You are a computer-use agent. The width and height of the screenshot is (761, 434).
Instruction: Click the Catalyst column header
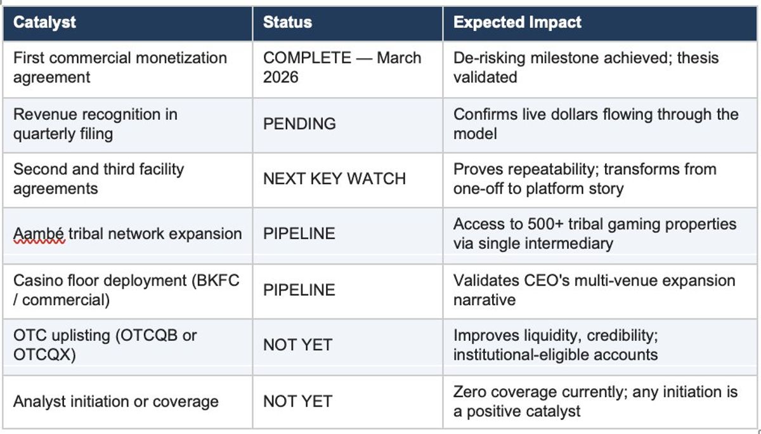point(44,23)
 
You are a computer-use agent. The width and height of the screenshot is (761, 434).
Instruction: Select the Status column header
point(287,23)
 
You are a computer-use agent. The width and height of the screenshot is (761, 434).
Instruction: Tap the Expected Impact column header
point(517,23)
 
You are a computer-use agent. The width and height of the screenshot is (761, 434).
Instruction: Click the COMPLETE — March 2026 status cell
point(342,67)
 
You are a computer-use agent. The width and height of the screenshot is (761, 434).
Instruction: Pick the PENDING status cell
point(299,124)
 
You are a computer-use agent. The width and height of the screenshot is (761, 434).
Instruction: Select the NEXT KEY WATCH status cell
point(334,179)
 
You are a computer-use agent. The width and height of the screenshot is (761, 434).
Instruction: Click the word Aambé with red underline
point(39,233)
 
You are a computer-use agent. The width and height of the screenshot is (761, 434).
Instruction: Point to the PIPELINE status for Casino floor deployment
point(299,290)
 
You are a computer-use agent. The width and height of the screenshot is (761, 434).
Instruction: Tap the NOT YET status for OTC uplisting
point(297,345)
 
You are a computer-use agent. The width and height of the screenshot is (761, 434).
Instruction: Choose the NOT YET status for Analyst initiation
point(297,401)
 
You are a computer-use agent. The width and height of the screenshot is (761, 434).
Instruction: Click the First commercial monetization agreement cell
point(120,67)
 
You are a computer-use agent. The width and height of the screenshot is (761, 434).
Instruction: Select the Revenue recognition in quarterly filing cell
point(95,124)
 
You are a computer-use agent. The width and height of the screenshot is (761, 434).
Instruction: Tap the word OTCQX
point(42,355)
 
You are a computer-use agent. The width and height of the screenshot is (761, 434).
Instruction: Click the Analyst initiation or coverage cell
point(116,401)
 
